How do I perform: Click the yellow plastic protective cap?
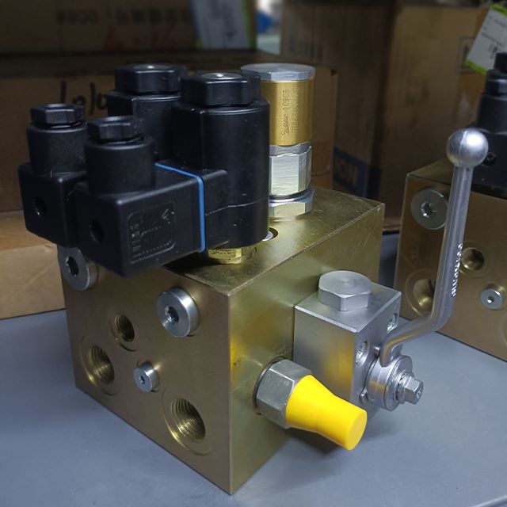tap(333, 413)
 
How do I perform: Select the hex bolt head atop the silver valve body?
tap(344, 287)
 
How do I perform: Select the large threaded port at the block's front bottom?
tap(189, 420)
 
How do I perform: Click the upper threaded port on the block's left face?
tap(123, 327)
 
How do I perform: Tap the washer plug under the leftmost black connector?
tap(73, 266)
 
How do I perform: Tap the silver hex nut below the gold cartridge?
tap(288, 170)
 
